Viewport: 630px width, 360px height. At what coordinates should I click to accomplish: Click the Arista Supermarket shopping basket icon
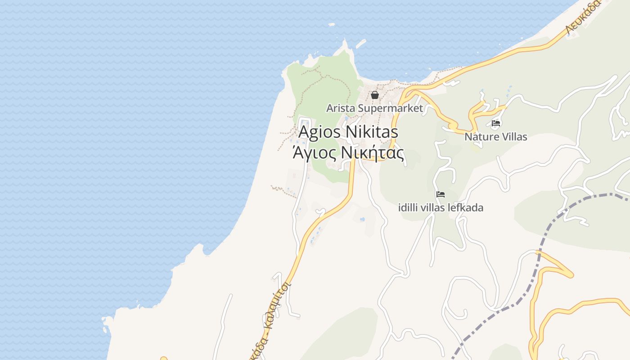coord(374,95)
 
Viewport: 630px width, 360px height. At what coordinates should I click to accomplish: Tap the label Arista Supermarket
coord(374,108)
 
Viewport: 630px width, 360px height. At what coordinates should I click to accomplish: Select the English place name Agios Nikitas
coord(348,132)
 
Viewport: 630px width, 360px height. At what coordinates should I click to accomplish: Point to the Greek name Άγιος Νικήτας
coord(348,153)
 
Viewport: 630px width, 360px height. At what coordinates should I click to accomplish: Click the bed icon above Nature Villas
coord(496,123)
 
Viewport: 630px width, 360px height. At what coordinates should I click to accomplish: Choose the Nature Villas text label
coord(495,136)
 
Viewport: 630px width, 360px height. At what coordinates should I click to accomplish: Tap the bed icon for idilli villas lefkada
coord(441,194)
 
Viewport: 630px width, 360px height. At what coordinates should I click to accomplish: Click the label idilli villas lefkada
coord(441,207)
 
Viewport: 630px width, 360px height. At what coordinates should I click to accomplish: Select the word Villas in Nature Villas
coord(512,136)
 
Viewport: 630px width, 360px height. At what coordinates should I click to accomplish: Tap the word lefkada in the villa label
coord(468,207)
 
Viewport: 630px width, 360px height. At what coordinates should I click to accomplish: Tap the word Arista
coord(340,108)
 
